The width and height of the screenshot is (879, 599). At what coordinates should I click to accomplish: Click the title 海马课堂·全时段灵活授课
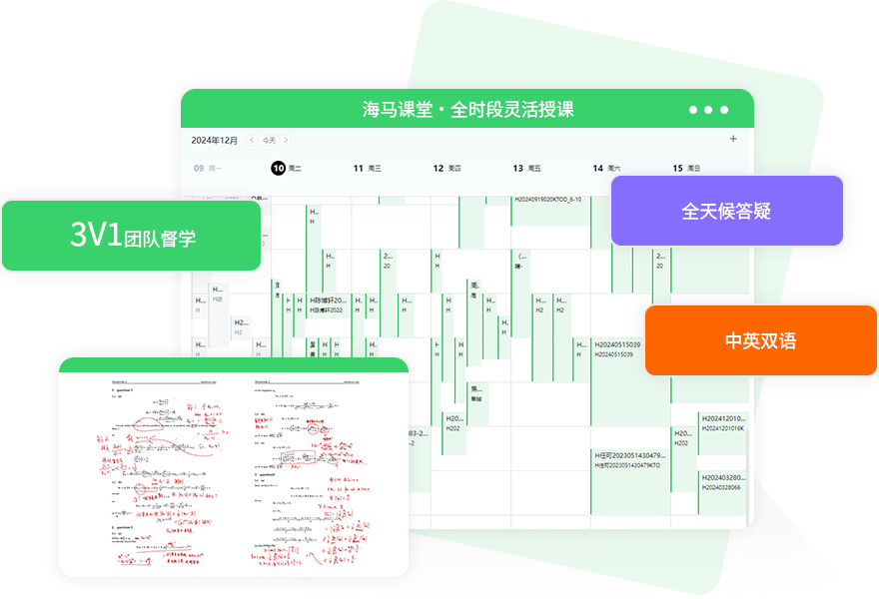[467, 110]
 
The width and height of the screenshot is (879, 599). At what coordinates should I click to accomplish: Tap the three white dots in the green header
[708, 110]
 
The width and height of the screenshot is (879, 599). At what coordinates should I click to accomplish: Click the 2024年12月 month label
[215, 140]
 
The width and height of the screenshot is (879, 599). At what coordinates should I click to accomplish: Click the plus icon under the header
[734, 139]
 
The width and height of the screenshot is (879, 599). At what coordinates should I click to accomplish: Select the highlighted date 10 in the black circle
[279, 169]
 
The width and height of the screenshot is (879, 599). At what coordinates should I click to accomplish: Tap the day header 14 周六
[606, 169]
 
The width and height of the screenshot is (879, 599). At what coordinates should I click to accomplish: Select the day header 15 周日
[686, 169]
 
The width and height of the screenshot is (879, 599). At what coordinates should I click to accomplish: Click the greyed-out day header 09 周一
[207, 169]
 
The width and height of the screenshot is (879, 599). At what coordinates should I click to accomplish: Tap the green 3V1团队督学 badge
[132, 237]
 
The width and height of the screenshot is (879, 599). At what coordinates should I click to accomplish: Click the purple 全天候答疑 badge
[726, 212]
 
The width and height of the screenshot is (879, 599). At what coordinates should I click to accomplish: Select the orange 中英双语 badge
[760, 340]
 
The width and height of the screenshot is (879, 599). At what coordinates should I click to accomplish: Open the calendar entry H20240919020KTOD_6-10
[547, 200]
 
